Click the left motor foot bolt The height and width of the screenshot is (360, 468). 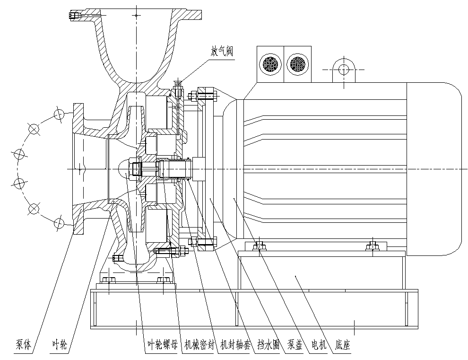coord(259,246)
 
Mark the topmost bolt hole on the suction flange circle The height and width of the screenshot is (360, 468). coord(59,114)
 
